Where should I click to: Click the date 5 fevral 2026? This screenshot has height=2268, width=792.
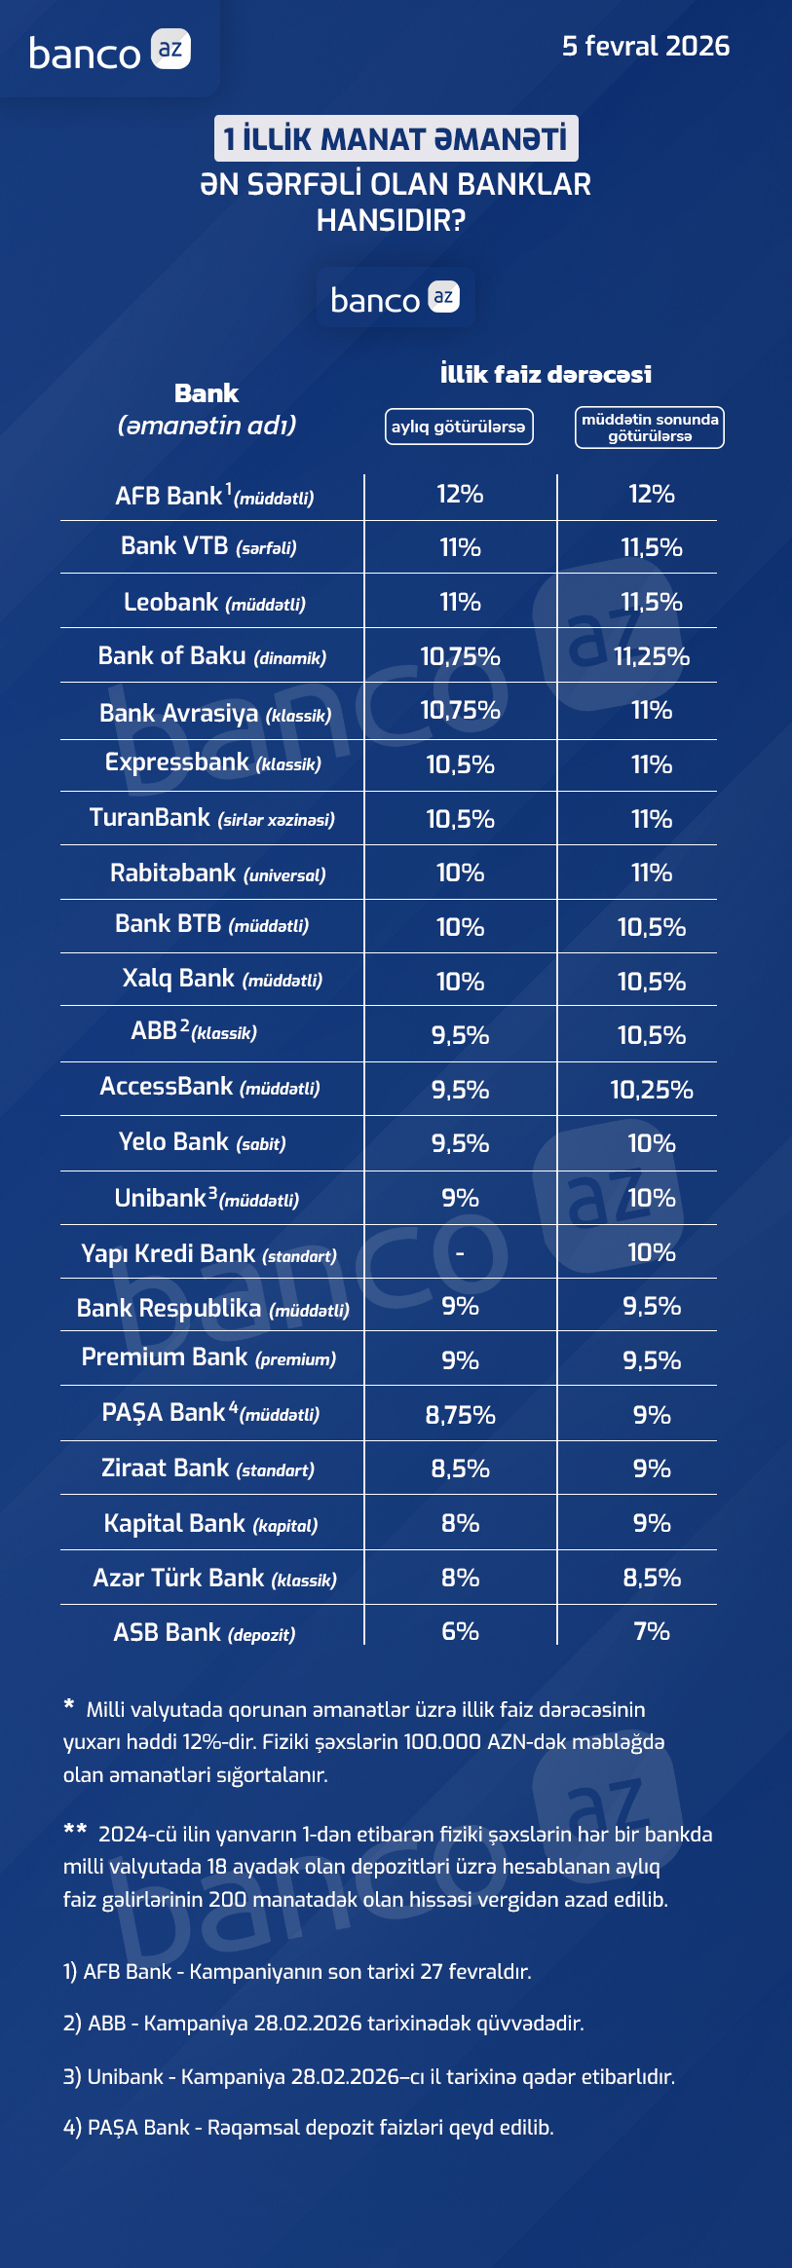point(645,46)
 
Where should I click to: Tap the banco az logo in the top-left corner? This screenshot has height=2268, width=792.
point(109,51)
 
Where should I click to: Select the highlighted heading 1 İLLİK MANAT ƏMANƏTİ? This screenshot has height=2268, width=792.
point(396,138)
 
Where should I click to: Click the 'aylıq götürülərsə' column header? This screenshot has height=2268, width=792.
point(459,427)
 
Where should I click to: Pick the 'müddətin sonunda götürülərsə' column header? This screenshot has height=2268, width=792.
point(650,428)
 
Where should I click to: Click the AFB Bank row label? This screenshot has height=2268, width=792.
point(214,497)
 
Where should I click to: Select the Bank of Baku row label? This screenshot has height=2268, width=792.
point(212,656)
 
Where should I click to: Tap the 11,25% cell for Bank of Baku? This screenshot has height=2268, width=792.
point(652,656)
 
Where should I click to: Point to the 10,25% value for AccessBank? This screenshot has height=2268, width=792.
point(652,1090)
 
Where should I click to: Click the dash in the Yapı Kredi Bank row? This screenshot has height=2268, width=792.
point(460,1252)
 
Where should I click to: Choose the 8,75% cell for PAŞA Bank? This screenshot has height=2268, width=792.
point(460,1415)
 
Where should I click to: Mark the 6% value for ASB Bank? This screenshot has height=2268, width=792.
point(460,1631)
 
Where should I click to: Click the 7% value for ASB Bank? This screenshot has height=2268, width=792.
point(652,1631)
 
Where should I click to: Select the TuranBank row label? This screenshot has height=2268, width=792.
point(212,818)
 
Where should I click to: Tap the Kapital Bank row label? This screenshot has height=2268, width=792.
point(211,1524)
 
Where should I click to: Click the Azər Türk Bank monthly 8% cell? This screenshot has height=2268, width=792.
point(460,1578)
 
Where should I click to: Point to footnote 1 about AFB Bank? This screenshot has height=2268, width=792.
point(297,1972)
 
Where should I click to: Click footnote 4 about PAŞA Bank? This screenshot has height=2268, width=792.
point(308,2128)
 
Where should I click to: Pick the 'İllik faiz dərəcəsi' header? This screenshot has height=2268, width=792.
point(546,374)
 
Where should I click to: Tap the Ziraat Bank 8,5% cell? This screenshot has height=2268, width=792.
point(460,1469)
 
